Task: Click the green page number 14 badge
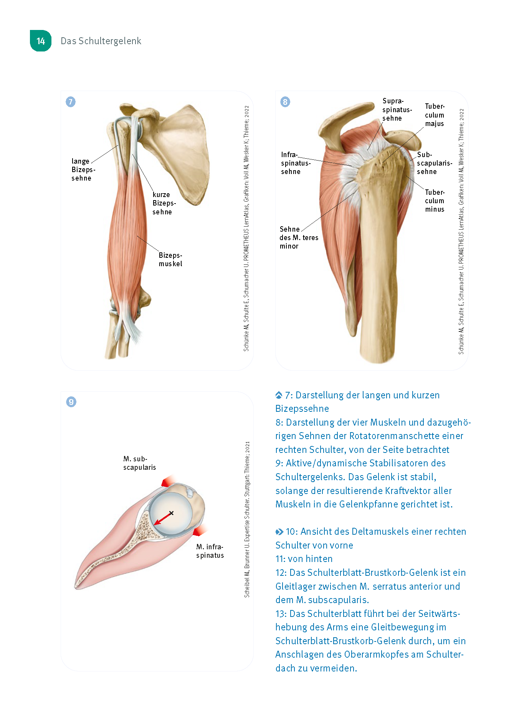pos(41,41)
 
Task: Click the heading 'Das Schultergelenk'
pos(101,41)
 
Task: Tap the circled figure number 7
pos(71,102)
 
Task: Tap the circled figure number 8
pos(285,102)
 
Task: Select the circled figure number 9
pos(71,402)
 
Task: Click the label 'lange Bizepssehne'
pos(83,169)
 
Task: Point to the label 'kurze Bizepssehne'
pos(164,203)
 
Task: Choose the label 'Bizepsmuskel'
pos(170,259)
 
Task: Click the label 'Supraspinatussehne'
pos(397,110)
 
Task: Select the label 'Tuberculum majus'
pos(435,115)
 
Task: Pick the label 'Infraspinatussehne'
pos(295,163)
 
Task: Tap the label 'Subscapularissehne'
pos(434,163)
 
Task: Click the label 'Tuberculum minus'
pos(435,201)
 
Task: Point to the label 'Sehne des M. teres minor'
pos(298,237)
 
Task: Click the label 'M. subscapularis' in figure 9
pos(139,463)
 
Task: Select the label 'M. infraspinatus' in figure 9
pos(210,551)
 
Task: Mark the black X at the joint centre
pos(171,513)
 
